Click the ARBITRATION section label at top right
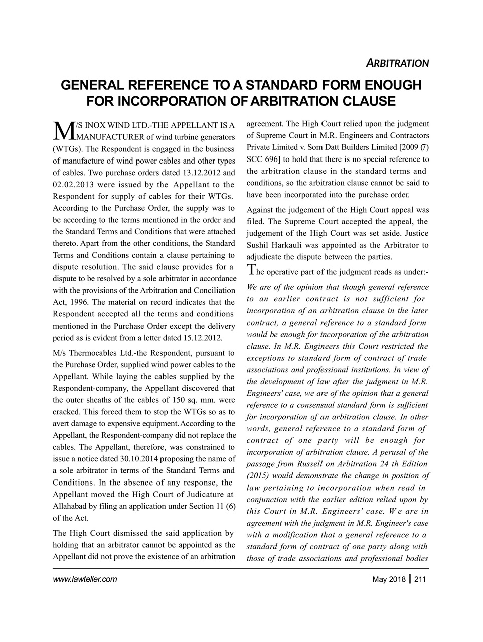coord(396,64)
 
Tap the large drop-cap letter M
coord(63,130)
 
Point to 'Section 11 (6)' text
coord(212,507)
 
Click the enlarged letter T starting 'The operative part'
coord(251,270)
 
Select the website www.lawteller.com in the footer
coord(85,580)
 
